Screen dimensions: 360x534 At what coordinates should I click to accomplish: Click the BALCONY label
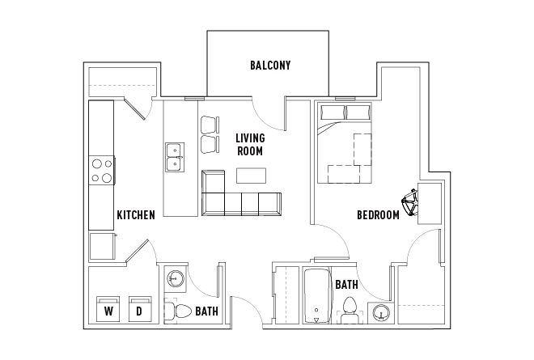[269, 66]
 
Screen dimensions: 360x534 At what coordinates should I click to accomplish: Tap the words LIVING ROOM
[250, 144]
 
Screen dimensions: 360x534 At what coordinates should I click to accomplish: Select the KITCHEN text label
[135, 215]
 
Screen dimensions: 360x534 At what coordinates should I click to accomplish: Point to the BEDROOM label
[378, 215]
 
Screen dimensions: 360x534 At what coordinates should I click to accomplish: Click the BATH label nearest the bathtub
[346, 285]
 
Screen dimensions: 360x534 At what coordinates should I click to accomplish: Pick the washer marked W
[107, 309]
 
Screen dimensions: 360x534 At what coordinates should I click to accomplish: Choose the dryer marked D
[138, 309]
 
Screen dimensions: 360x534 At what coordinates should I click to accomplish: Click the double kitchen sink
[174, 157]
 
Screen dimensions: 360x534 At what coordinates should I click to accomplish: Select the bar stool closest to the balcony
[209, 125]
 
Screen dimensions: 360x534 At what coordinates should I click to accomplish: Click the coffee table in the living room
[251, 176]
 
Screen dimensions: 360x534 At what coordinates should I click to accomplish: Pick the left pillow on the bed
[332, 112]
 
